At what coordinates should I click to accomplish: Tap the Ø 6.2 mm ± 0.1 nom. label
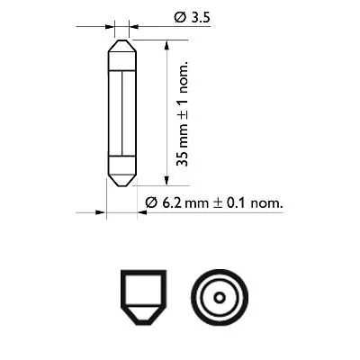tap(213, 204)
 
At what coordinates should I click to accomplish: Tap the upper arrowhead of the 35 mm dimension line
tap(166, 43)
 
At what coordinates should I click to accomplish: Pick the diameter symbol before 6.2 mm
tap(151, 204)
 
